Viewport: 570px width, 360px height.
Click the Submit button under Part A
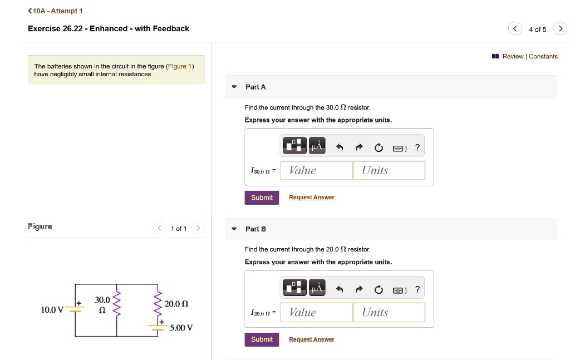pos(262,198)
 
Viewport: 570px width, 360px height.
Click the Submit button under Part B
pos(262,339)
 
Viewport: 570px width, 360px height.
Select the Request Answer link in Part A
pos(312,198)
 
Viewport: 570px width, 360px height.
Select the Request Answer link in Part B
pos(312,339)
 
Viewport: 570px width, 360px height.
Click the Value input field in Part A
pos(316,170)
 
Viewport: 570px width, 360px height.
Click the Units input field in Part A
pos(389,170)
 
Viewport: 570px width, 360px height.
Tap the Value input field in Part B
pos(316,312)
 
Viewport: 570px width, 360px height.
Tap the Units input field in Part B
pos(389,312)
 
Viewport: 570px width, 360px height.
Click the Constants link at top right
pos(543,56)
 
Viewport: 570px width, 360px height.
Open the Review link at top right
pos(512,56)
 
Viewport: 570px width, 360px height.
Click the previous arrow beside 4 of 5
pos(515,29)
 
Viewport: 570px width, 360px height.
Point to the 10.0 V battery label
pos(52,309)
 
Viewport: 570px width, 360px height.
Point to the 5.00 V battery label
pos(181,328)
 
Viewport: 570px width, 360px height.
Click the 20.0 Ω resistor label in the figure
pos(176,304)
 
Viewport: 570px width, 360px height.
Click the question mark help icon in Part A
pos(417,147)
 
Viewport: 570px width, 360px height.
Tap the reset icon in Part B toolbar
pos(379,289)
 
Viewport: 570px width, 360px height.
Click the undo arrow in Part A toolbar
pos(340,147)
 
